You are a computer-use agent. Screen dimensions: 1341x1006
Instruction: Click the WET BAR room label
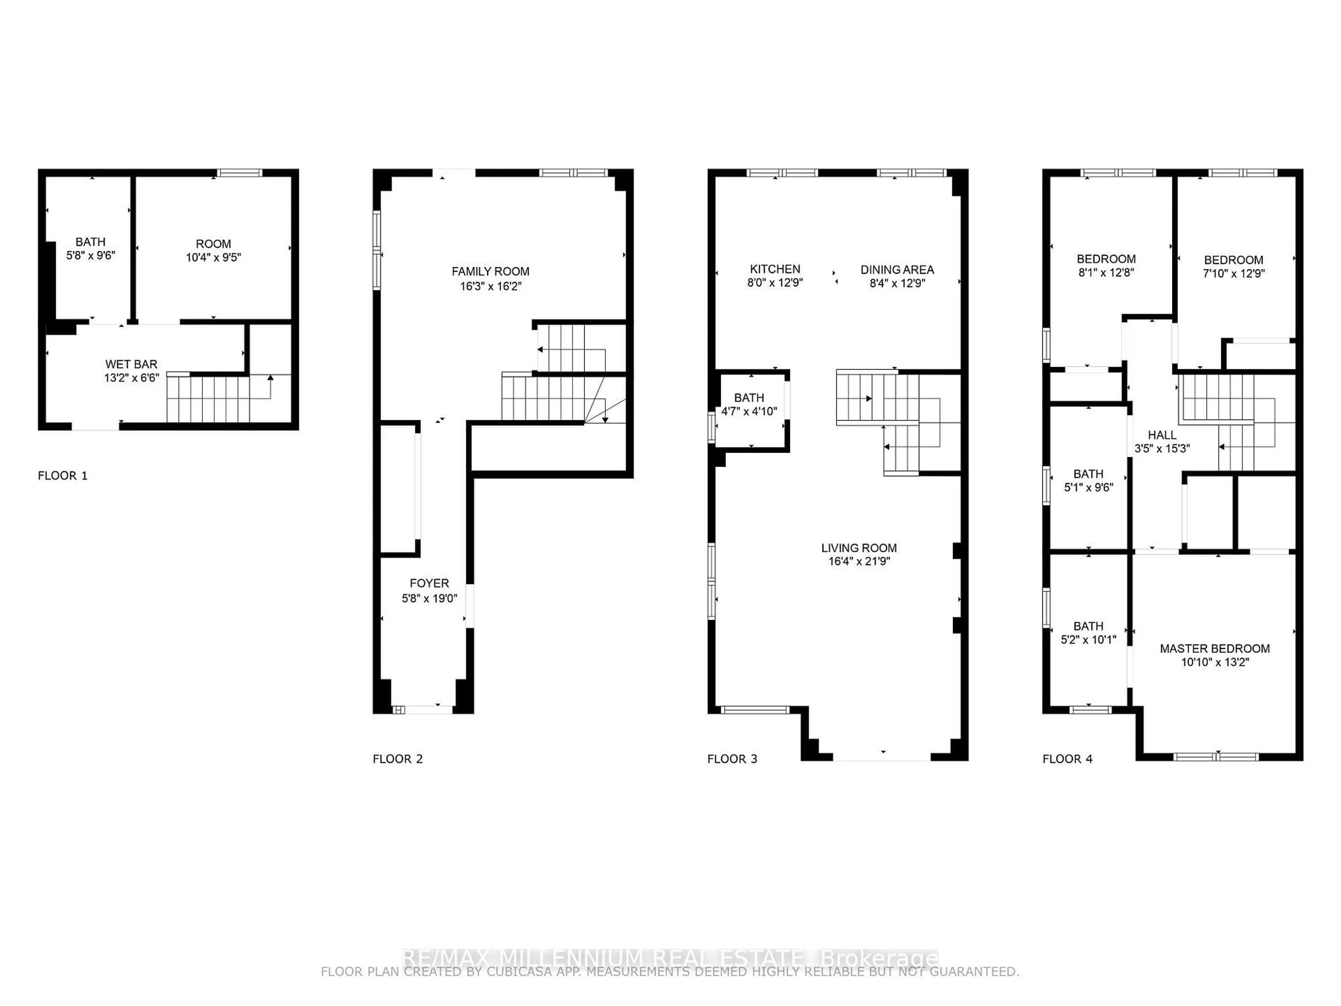[x=132, y=364]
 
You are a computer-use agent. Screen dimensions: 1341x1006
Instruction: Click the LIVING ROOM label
[x=859, y=548]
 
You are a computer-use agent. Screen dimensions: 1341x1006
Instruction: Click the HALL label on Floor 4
[x=1162, y=435]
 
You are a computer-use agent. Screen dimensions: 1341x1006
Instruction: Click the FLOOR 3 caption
[x=732, y=759]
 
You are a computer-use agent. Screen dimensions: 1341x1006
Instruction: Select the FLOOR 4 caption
[x=1068, y=759]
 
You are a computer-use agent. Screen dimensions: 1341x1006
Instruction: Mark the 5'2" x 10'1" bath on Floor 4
[x=1088, y=633]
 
